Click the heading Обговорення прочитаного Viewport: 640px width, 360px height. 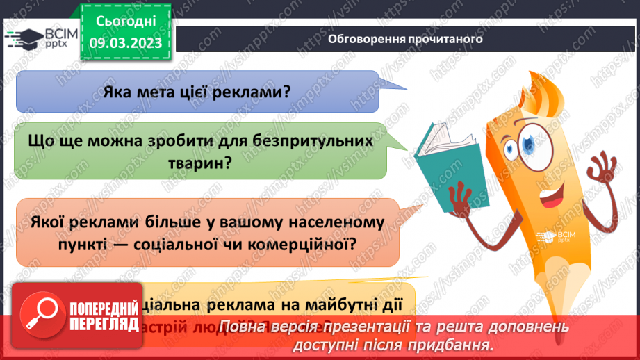(x=404, y=39)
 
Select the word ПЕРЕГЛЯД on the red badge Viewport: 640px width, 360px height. (x=103, y=324)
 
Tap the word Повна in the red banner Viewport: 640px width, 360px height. (x=246, y=327)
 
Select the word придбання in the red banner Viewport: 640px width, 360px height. (x=459, y=344)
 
